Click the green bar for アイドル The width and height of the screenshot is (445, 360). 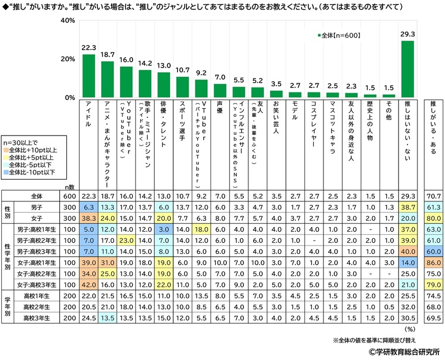pos(89,76)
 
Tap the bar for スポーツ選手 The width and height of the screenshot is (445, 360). pos(182,87)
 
